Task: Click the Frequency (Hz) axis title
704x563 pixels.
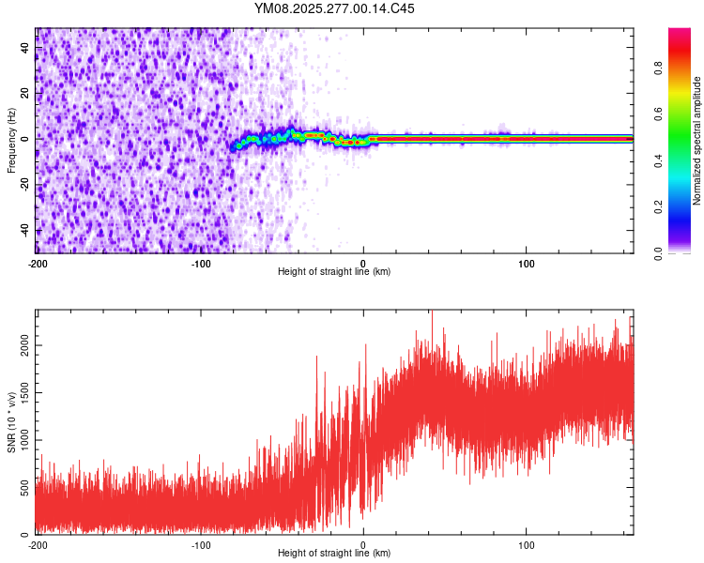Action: click(11, 140)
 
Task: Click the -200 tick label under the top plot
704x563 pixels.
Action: click(38, 262)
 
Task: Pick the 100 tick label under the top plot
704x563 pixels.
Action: click(527, 262)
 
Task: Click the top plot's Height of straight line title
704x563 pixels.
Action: click(334, 272)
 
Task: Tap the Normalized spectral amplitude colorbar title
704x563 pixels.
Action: click(697, 140)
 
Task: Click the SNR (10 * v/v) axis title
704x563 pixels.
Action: click(11, 421)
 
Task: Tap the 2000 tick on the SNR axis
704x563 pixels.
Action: click(22, 346)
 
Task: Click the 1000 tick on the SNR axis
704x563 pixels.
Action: click(22, 440)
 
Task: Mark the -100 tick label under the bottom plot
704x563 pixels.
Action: click(201, 544)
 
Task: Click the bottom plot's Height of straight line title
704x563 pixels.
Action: click(334, 554)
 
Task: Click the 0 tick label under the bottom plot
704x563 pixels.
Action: click(364, 544)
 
